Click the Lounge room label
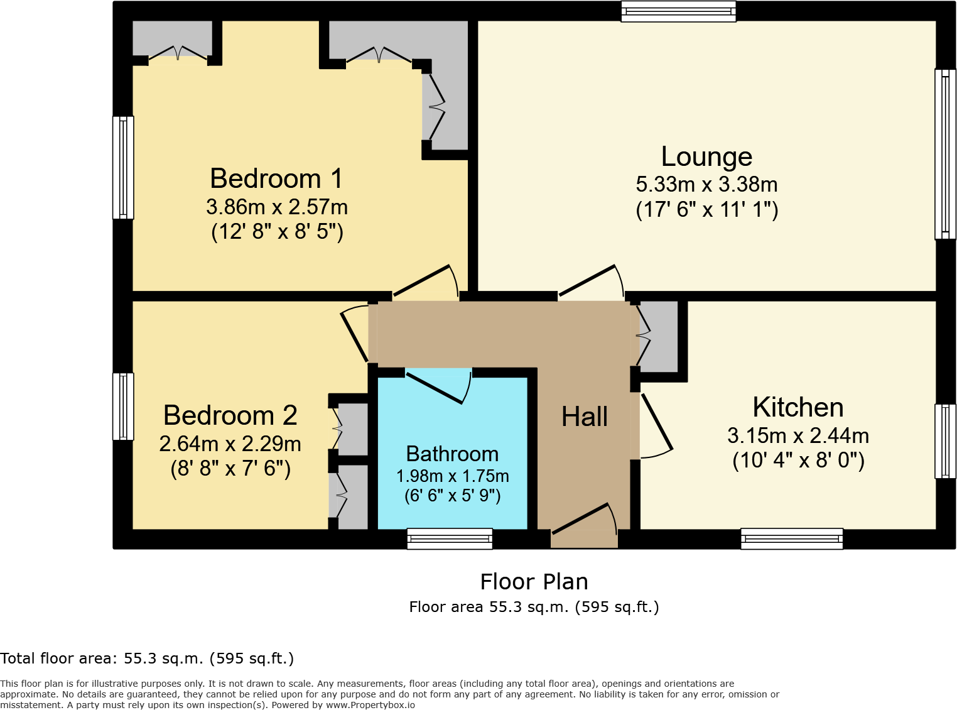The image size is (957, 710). (x=706, y=156)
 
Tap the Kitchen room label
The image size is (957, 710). (x=797, y=408)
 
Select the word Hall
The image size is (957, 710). (x=584, y=417)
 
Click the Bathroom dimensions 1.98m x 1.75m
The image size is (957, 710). (x=452, y=476)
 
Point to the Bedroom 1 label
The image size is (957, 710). (x=276, y=179)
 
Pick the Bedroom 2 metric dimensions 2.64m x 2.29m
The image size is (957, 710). (x=230, y=444)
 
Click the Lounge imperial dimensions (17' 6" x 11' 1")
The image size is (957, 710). (x=706, y=210)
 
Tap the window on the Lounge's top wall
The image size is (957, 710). (x=678, y=11)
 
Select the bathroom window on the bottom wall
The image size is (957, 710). (x=450, y=538)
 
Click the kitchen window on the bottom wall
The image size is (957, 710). (x=792, y=538)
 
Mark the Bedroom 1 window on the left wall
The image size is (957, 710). (x=123, y=167)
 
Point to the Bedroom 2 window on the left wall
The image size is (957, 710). (x=123, y=407)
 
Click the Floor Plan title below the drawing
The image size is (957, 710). (x=534, y=582)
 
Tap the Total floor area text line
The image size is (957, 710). (x=147, y=658)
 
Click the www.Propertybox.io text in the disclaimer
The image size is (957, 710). (x=370, y=705)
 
